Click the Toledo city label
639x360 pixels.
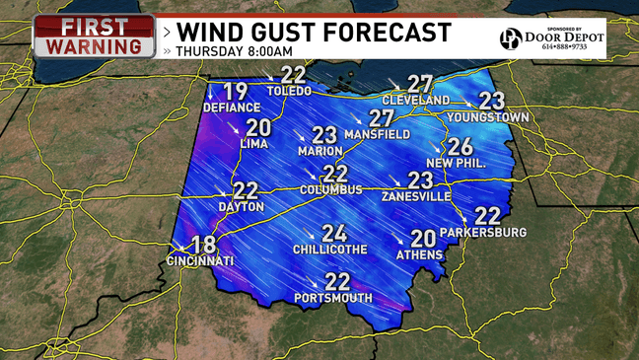coord(293,91)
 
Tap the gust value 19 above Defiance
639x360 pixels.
coord(235,93)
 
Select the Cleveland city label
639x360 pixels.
coord(415,101)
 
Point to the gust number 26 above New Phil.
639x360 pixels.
coord(460,147)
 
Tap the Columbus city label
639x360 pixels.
coord(331,189)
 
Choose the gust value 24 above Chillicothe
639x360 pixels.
coord(333,234)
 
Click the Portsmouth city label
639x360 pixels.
coord(337,298)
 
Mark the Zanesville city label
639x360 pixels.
coord(417,196)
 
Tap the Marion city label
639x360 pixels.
coord(320,151)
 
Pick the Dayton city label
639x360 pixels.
coord(242,207)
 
